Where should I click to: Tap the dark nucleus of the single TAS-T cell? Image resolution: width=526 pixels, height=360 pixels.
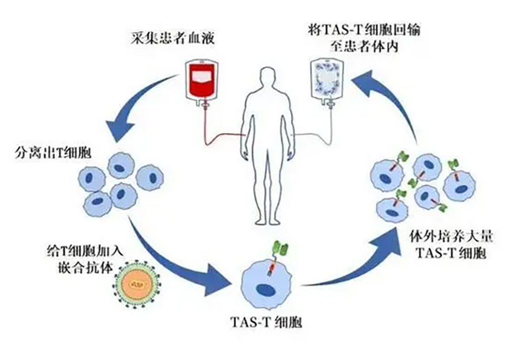pyautogui.click(x=265, y=290)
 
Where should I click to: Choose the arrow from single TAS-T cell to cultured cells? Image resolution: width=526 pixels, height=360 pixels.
pyautogui.click(x=358, y=263)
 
